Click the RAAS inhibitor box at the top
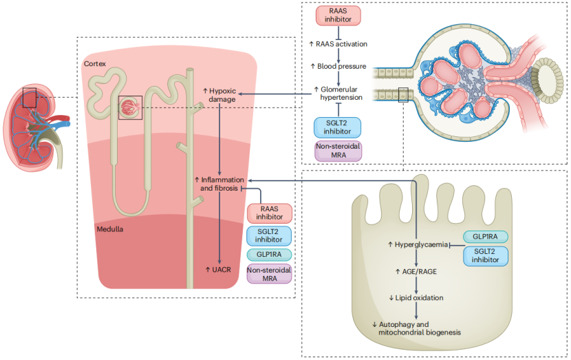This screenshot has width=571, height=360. pos(338,16)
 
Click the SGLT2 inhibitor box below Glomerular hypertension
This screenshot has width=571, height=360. pos(337,127)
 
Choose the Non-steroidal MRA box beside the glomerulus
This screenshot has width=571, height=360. pos(337,151)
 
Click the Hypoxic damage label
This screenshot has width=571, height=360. pos(220,95)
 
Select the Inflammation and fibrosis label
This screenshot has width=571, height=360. pos(219,183)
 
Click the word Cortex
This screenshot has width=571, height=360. pos(94,63)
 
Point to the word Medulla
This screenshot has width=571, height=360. pos(109,228)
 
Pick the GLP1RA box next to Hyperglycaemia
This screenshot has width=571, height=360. pos(486,236)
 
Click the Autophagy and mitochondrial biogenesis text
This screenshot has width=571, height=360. pos(416,328)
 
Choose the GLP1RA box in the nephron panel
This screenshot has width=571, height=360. pos(269,254)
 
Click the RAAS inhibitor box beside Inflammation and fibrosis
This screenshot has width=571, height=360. pos(269,213)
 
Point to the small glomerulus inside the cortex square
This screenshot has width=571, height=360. pos(130,107)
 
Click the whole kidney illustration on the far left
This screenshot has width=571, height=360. pos(35,131)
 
